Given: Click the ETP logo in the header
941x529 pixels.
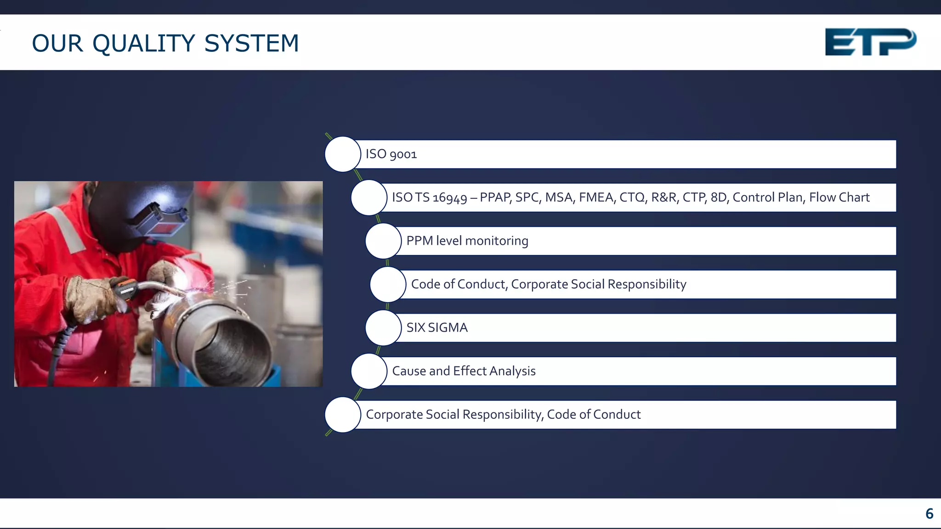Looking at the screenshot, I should [870, 42].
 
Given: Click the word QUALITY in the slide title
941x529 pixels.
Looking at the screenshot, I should [144, 44].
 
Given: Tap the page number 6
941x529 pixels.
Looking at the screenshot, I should [929, 513].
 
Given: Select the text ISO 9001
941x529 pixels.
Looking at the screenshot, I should [391, 154].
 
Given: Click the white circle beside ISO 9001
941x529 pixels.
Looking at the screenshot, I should [343, 154].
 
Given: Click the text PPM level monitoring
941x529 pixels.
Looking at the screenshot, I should [467, 241].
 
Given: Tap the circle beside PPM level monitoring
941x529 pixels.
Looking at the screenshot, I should [383, 241].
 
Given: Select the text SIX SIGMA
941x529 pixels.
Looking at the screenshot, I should [437, 327].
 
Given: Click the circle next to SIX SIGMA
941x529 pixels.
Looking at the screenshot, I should [383, 328].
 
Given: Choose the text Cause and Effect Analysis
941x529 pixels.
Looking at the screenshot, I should [464, 371].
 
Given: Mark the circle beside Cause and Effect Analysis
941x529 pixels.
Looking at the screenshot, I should [369, 371].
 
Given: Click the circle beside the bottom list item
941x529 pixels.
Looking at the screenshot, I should [343, 415].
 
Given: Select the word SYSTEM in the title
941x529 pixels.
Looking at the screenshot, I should [251, 44].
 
